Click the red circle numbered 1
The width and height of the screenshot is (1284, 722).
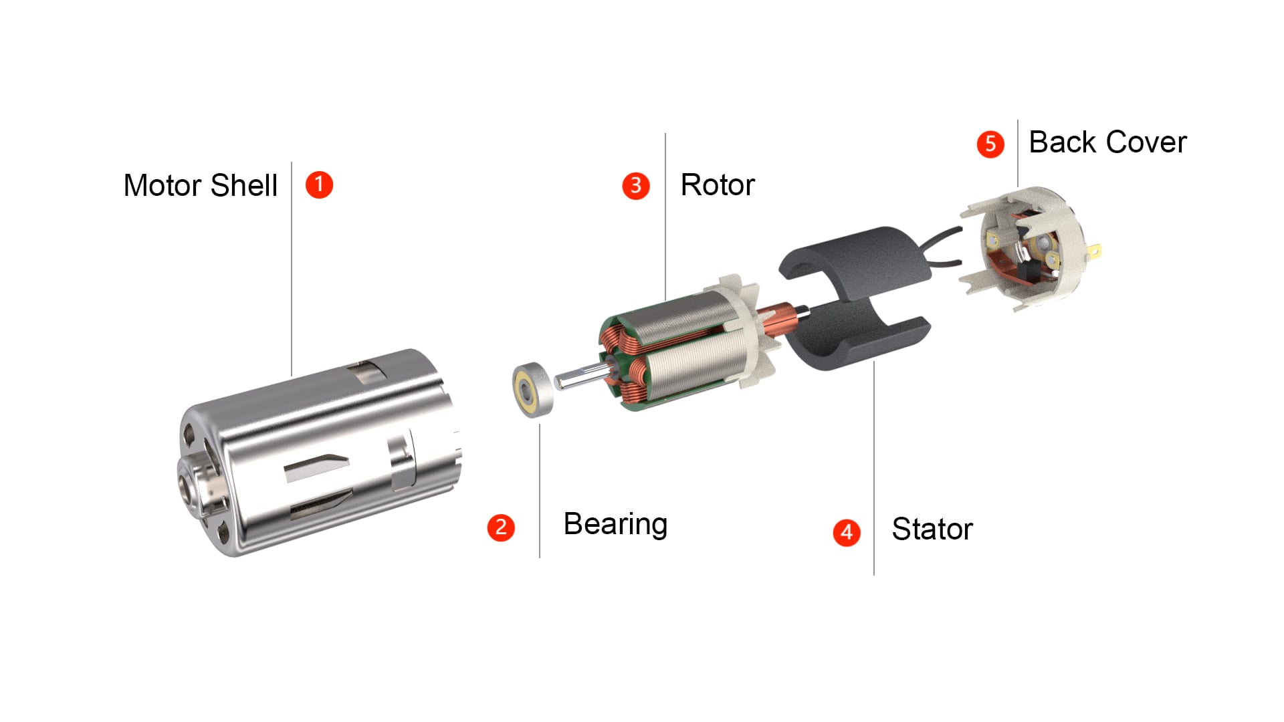click(319, 185)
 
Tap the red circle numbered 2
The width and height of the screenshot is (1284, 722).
click(501, 527)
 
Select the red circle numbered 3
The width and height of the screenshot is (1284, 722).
click(636, 185)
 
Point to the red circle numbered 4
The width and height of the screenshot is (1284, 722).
click(847, 532)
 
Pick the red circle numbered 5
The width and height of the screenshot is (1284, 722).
click(990, 144)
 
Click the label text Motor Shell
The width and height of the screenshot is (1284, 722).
click(201, 185)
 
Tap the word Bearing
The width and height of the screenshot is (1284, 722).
click(615, 525)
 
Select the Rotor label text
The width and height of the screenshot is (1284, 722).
click(718, 185)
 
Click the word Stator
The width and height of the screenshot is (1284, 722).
click(932, 529)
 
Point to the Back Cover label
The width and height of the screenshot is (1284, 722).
click(1107, 142)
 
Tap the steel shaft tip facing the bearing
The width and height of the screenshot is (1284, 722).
click(559, 381)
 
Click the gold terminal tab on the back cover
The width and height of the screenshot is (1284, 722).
click(1095, 251)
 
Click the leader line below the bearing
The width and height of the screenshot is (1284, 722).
click(540, 491)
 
